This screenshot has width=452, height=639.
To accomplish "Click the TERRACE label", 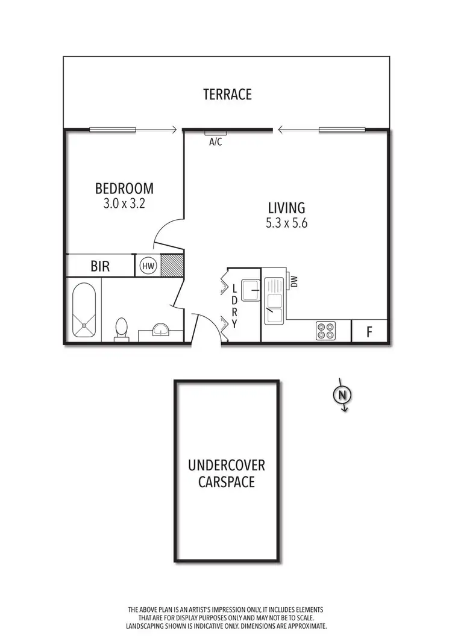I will tap(227, 95).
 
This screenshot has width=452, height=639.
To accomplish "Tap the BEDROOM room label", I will tap(124, 189).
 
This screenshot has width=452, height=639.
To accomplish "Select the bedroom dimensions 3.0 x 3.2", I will tap(124, 204).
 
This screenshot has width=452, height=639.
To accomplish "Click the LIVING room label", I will tap(287, 207).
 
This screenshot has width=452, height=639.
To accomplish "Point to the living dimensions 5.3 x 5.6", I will tap(287, 222).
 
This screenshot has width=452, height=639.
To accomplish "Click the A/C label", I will tap(215, 143).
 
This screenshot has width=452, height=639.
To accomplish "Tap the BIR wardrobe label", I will tap(100, 266).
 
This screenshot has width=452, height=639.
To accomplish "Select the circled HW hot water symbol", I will tap(148, 266).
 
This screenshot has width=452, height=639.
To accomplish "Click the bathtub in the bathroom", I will tap(84, 311).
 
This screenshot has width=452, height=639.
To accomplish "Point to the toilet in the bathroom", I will tap(121, 329).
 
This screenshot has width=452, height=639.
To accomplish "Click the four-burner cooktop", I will tap(325, 330).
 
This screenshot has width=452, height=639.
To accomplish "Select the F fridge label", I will tap(369, 331).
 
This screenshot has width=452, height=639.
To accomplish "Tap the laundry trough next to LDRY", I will tap(250, 290).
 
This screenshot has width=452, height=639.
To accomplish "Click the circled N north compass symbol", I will tap(342, 395).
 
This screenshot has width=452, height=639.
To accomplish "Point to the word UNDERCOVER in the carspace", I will tap(226, 466).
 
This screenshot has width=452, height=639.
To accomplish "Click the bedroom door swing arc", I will tap(166, 232).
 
